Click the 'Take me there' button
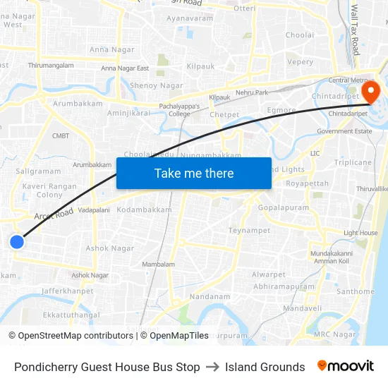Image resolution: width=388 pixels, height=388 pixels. pos(194,174)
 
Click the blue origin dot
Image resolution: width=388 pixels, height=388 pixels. pos(17,242)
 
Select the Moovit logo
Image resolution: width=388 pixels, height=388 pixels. pos(346,366)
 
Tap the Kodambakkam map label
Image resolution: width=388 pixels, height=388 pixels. pos(144,210)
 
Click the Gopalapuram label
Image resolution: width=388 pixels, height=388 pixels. pos(284,209)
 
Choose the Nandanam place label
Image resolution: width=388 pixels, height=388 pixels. pos(210,297)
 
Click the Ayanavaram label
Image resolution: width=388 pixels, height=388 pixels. pos(190,18)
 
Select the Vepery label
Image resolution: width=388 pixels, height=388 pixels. pos(301,62)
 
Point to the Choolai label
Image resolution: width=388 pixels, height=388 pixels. pos(300,35)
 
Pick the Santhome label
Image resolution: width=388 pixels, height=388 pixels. pos(356,291)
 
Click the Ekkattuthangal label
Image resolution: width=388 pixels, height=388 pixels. pos(71,315)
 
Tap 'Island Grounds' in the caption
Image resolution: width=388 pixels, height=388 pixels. pos(265,367)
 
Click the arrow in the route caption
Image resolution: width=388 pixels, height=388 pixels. pos(212,367)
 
